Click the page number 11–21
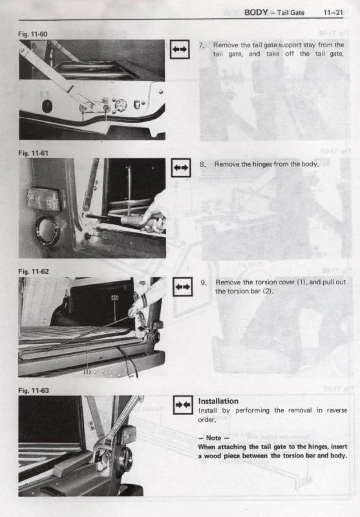[x=334, y=12]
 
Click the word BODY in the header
[x=256, y=12]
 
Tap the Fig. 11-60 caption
[x=32, y=34]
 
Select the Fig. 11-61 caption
[x=33, y=153]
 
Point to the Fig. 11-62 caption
[x=34, y=271]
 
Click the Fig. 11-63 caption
[x=34, y=390]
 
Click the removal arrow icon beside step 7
[x=180, y=50]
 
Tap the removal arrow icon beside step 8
[x=181, y=168]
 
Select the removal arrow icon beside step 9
[x=183, y=286]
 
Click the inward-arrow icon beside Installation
[x=183, y=405]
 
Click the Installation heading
[x=218, y=401]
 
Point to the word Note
[x=213, y=438]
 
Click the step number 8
[x=202, y=164]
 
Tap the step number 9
[x=204, y=282]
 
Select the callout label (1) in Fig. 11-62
[x=87, y=372]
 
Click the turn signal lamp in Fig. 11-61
[x=44, y=199]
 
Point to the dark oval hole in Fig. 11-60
[x=48, y=106]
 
